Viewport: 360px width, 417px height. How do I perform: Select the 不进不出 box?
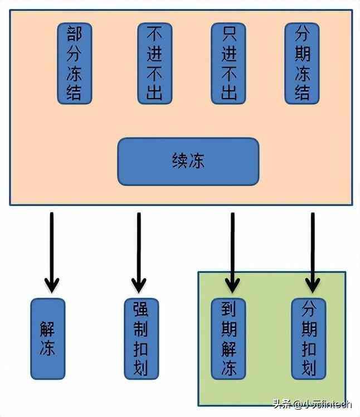[155, 63]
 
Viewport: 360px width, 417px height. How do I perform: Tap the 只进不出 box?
[228, 63]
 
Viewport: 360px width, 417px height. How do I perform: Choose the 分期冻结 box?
[302, 63]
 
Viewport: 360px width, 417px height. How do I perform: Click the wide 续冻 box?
[188, 161]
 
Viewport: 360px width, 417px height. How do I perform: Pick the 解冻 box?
[47, 338]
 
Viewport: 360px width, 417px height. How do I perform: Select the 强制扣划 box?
[141, 338]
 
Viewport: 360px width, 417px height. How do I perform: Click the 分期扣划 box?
[309, 338]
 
